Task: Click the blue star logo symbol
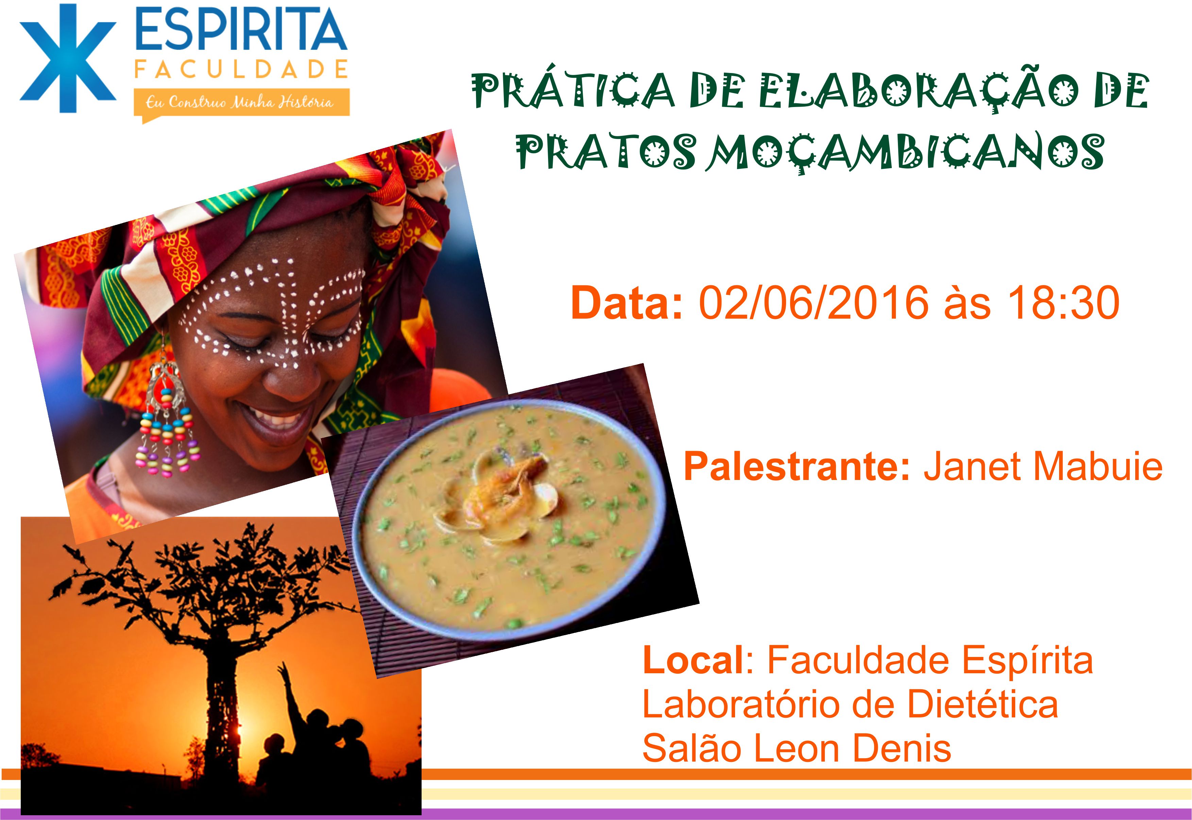coord(68,58)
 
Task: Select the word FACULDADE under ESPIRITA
coord(241,69)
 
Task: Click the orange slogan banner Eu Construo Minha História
coord(241,103)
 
